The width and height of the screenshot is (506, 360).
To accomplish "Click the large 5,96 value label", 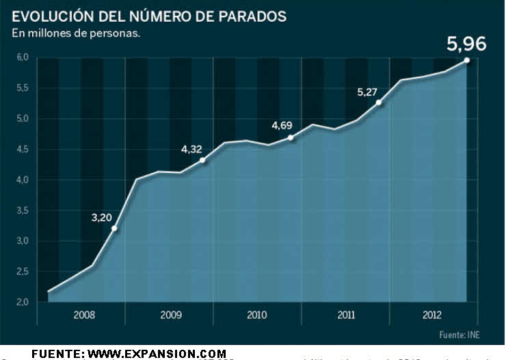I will point(466,45).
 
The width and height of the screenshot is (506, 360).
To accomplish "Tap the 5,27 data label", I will point(367,92).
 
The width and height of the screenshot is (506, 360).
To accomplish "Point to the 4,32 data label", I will point(191,149).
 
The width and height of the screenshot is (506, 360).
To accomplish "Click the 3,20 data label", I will point(102,218).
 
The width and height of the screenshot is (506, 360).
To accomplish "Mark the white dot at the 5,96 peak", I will point(467,60).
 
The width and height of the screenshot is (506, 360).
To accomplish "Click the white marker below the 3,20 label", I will point(114,228).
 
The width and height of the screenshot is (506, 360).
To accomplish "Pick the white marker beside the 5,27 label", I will point(379,102).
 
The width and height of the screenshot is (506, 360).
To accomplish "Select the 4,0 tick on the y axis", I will point(23,180).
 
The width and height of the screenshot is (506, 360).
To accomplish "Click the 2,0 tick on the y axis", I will point(23,302).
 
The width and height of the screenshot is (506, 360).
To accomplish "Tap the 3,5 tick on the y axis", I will point(23,210).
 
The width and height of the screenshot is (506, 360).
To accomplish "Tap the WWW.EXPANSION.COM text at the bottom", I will point(158,353).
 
